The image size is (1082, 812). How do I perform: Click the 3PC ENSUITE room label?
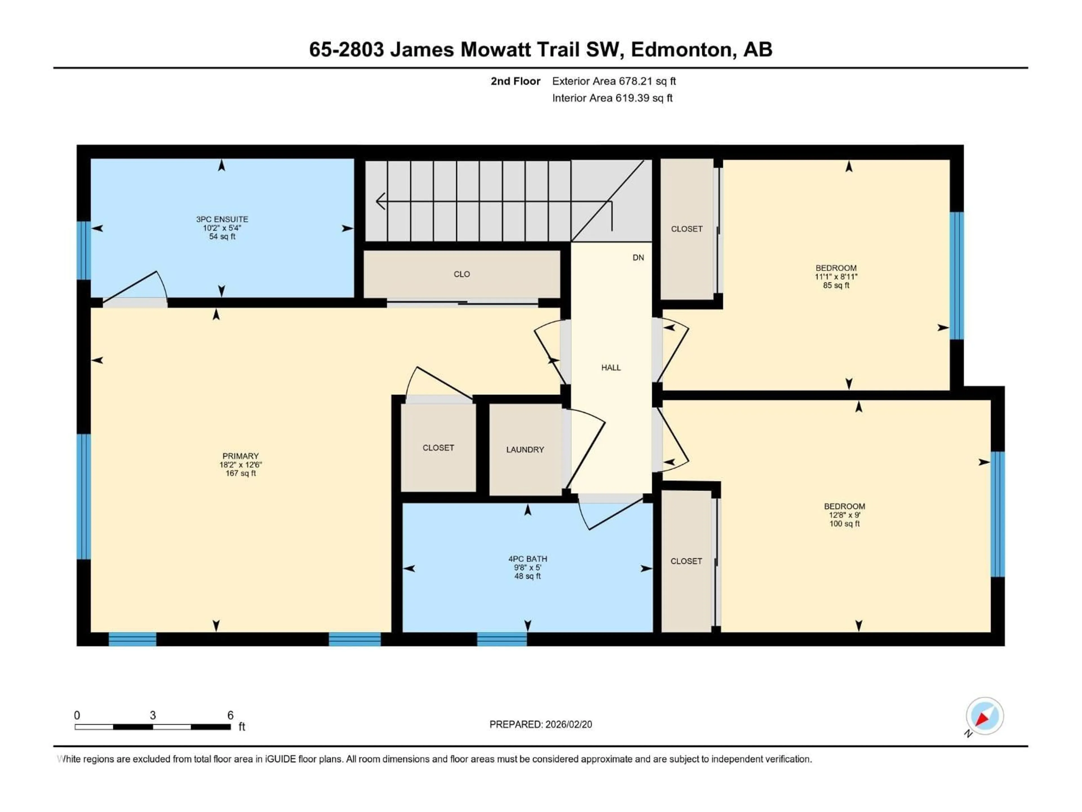(222, 219)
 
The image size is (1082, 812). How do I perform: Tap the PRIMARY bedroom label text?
(240, 456)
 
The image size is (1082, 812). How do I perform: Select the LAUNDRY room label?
(525, 449)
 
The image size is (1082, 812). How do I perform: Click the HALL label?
(611, 368)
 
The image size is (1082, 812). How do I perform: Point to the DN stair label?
(638, 257)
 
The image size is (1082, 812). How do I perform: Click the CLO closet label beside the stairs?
(462, 274)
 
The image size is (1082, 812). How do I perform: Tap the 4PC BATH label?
(527, 559)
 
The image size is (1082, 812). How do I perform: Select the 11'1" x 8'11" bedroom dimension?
(836, 277)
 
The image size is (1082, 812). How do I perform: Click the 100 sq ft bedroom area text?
(844, 524)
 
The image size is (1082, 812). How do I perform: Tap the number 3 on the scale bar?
(153, 715)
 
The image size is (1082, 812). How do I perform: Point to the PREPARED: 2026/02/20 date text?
(540, 724)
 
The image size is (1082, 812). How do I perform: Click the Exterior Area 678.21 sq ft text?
(614, 81)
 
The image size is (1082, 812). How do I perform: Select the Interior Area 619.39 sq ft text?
(612, 98)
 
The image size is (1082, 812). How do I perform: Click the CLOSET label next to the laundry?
(438, 448)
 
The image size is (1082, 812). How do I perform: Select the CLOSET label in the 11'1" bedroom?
(686, 229)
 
